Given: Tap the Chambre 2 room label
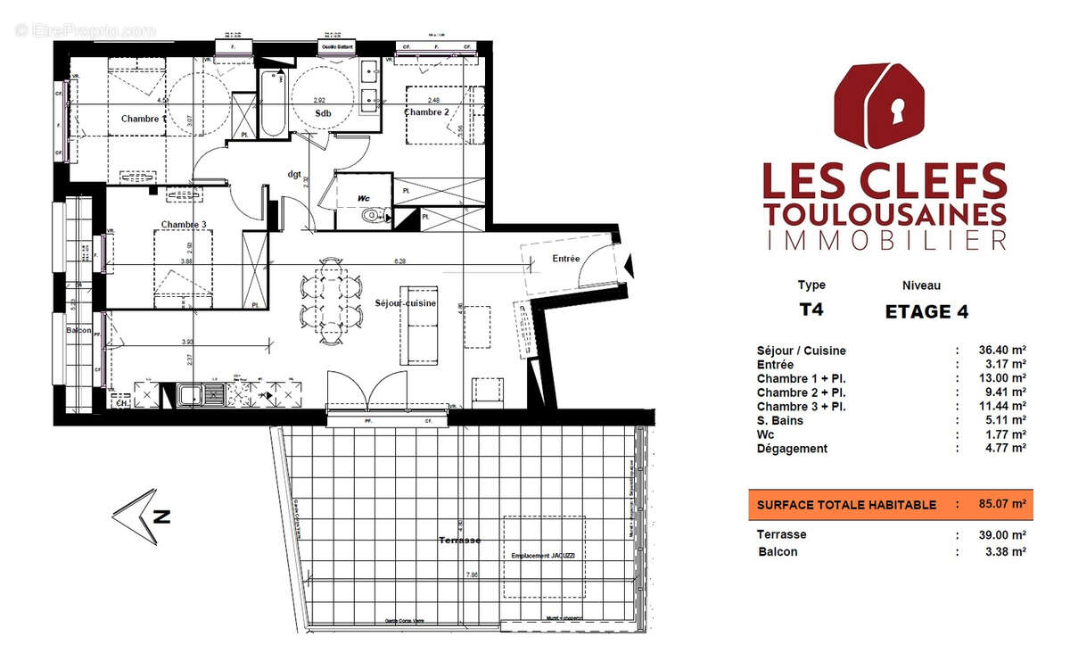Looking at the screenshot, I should tap(426, 112).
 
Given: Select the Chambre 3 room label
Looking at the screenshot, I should tap(184, 224).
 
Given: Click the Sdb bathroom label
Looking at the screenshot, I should tap(323, 113).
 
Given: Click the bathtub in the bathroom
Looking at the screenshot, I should tap(274, 105).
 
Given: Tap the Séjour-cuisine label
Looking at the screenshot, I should tap(406, 304).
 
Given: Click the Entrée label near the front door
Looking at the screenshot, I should tap(566, 259).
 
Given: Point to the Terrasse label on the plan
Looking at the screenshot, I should tap(460, 541).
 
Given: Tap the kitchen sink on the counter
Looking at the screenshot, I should tap(190, 393).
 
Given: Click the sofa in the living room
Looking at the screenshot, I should tap(419, 326).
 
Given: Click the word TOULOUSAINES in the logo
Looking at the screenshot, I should tap(885, 214).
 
